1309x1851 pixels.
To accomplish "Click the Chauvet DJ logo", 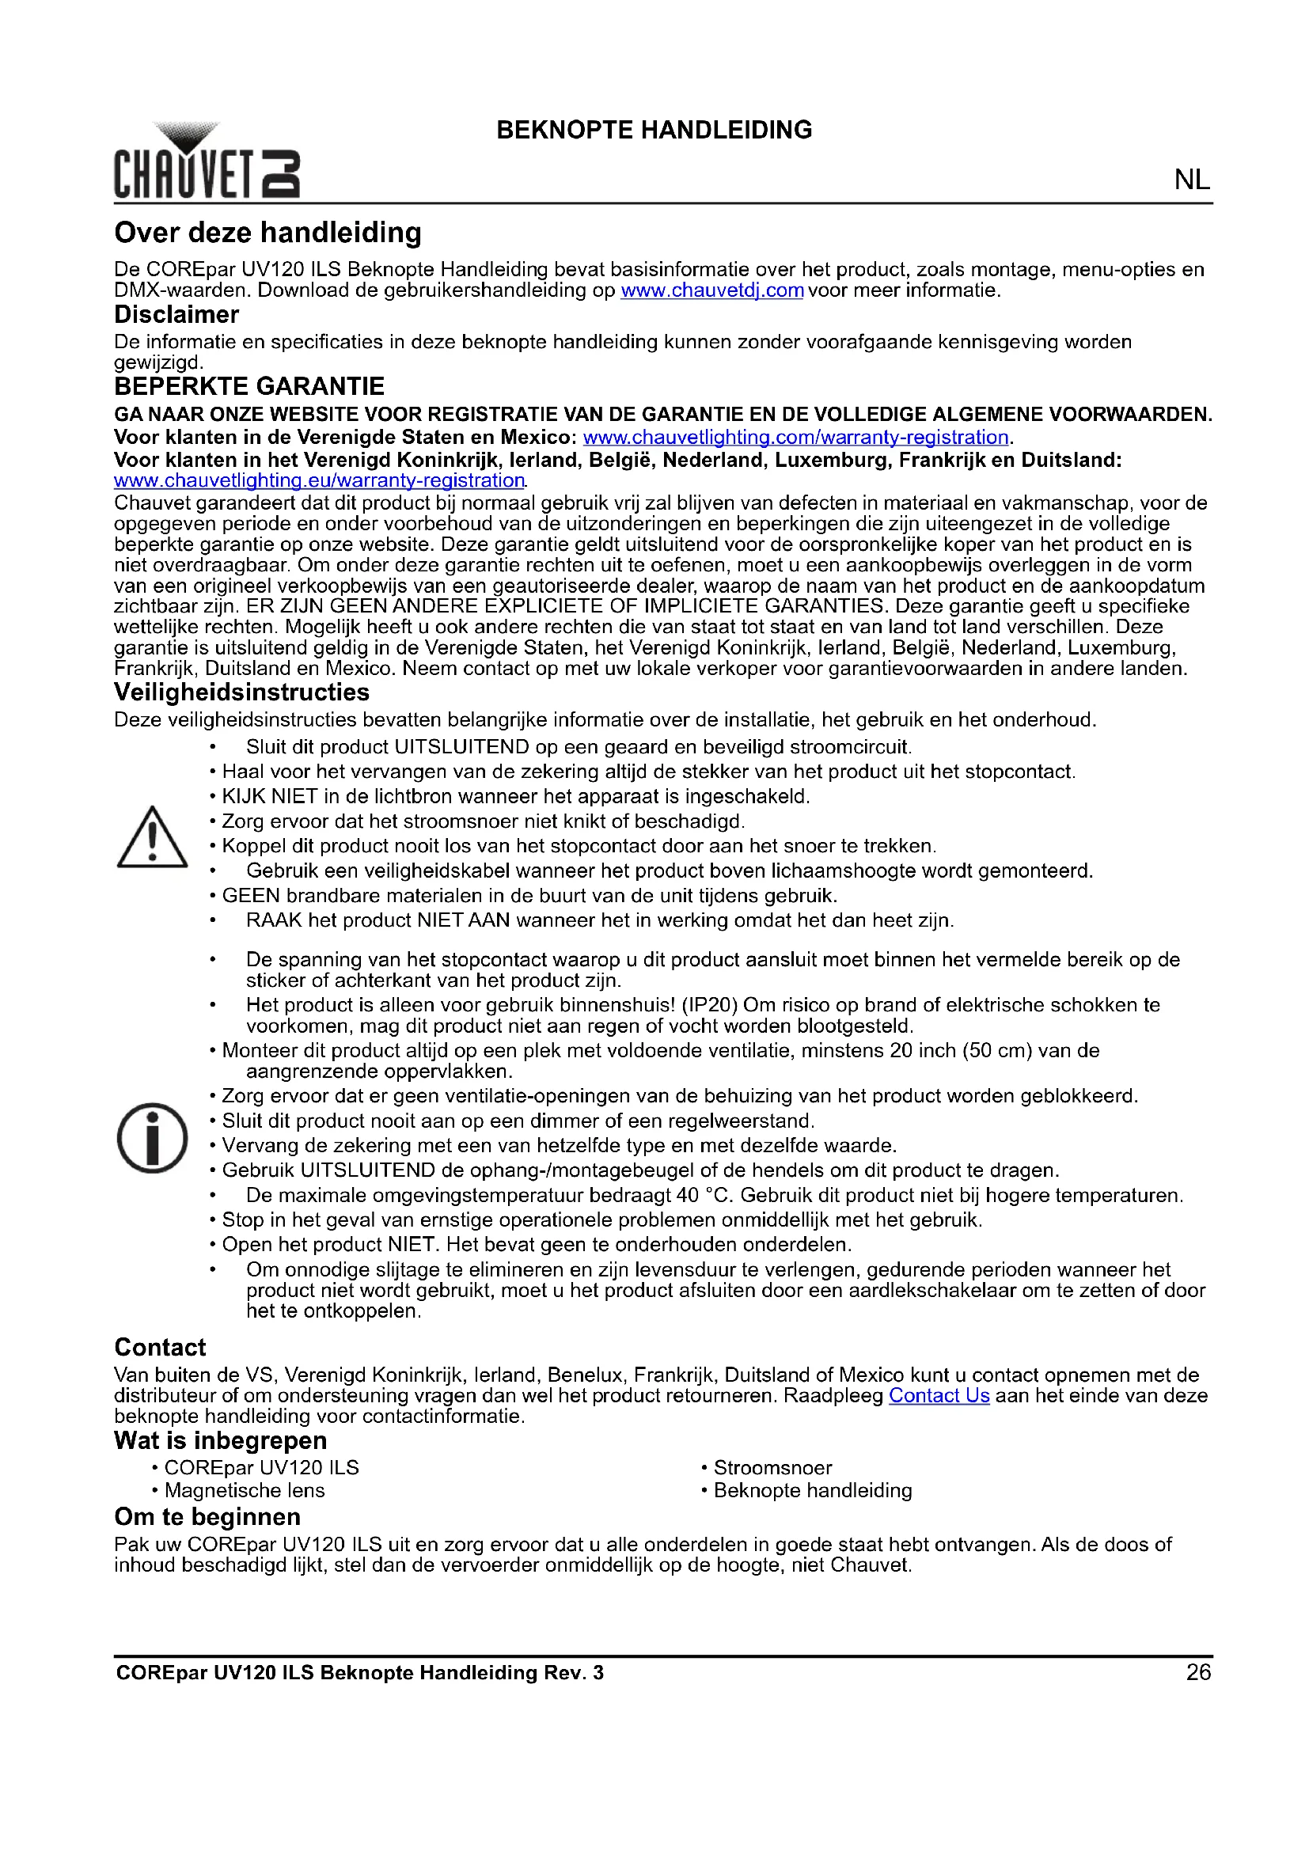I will pos(207,162).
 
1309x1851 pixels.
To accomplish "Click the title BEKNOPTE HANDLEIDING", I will pos(654,130).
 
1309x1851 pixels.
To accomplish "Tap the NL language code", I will pos(1191,180).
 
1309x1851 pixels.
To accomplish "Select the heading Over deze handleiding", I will pos(267,233).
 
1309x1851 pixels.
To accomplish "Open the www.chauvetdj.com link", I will pos(711,290).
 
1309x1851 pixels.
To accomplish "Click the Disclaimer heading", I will pos(176,314).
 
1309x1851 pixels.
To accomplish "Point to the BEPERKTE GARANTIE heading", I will pos(249,386).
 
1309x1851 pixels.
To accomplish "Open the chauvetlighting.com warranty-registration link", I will pos(795,437).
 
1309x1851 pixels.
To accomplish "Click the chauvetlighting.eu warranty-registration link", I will pos(319,480).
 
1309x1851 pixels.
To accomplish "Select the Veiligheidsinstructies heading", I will pos(242,692).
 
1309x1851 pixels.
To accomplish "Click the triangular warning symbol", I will pos(152,837).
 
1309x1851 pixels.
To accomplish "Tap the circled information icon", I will pos(152,1137).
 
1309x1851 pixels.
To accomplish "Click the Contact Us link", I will pos(939,1395).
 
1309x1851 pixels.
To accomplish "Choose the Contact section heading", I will pos(161,1347).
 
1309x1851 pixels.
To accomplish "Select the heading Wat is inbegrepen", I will pos(221,1440).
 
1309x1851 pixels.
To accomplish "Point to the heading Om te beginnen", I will pos(207,1516).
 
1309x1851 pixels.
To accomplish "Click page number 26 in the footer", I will pos(1197,1672).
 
